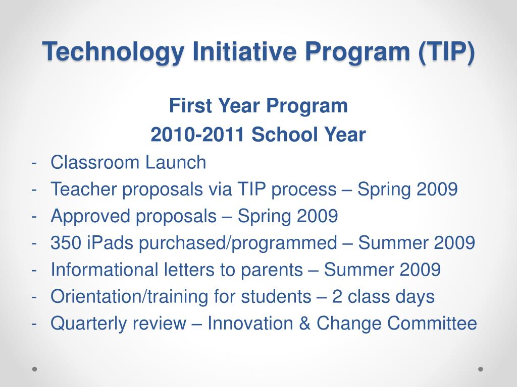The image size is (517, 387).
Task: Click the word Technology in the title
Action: point(113,52)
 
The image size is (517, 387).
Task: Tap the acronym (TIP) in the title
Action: point(446,52)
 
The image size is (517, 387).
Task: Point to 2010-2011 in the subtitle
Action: point(197,135)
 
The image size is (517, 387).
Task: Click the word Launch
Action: point(176,162)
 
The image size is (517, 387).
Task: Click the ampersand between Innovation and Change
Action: point(305,323)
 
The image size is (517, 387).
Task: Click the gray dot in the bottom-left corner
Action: point(35,369)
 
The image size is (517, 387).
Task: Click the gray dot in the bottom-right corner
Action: point(481,369)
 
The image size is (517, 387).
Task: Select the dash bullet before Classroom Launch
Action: point(34,163)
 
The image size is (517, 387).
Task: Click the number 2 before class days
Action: point(337,296)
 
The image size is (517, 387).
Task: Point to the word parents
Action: point(272,270)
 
